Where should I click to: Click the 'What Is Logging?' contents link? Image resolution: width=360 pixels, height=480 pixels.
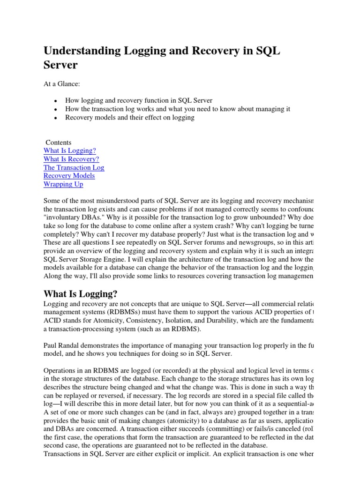tap(69, 150)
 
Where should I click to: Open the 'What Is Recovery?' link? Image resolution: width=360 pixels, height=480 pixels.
tap(71, 159)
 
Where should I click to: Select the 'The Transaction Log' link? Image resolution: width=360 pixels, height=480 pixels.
tap(74, 167)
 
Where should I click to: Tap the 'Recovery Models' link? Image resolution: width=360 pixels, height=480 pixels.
tap(69, 176)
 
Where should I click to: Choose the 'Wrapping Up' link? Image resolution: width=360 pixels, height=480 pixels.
tap(63, 184)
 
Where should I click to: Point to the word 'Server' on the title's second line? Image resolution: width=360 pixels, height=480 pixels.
tap(60, 65)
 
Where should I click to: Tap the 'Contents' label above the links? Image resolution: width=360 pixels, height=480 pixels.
tap(59, 142)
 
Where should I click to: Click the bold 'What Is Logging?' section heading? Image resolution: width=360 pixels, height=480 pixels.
tap(80, 294)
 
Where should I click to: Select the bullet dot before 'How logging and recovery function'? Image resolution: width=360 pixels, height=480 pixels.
tap(56, 101)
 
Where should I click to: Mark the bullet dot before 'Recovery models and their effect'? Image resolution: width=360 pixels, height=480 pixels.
tap(56, 118)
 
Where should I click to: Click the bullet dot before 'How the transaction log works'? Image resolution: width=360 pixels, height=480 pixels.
tap(56, 109)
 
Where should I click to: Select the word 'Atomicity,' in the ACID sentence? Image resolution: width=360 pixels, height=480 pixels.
tap(116, 320)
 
